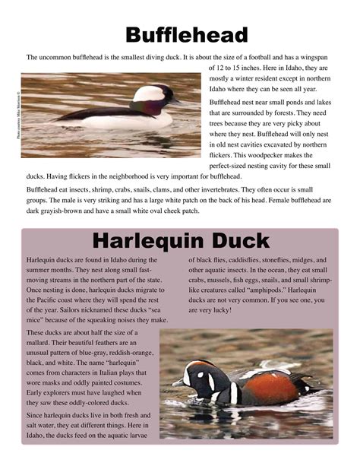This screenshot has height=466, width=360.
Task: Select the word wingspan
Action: tap(317, 56)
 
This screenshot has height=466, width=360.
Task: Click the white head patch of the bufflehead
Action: tap(150, 93)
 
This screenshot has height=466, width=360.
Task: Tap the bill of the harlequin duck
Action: tap(178, 383)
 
